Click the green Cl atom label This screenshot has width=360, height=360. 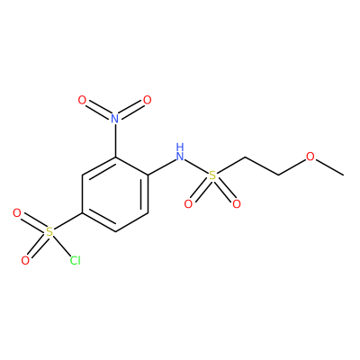tap(76, 260)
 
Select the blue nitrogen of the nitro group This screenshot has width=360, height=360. tap(115, 119)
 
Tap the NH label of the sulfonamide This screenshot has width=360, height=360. tap(180, 152)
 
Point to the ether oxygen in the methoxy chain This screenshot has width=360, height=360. tap(310, 157)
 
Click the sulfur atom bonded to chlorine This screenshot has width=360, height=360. tap(49, 232)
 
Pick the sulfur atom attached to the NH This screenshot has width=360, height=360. tap(212, 175)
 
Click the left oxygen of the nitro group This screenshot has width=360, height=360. tap(82, 100)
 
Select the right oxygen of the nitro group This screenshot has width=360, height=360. tap(148, 100)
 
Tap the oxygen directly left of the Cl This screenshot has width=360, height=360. tap(25, 260)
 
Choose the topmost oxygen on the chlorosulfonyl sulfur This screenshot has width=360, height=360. tap(17, 213)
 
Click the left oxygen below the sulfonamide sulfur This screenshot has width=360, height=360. tap(188, 204)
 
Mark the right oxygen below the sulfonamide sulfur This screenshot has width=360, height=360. tap(237, 204)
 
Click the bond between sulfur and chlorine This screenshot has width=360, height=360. tap(61, 245)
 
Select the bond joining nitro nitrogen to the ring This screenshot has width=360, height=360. tap(115, 140)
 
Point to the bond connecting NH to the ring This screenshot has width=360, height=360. tap(161, 166)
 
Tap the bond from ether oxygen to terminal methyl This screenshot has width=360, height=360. tap(329, 167)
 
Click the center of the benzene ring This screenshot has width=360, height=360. tap(115, 194)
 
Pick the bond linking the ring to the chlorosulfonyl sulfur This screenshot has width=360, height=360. tap(68, 221)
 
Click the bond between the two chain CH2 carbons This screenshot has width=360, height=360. tap(262, 166)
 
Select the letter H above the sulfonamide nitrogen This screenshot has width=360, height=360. tap(180, 148)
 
